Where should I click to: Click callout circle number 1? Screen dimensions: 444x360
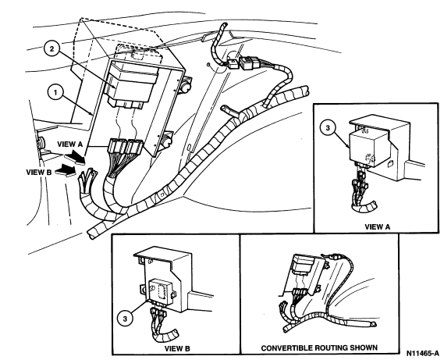click(x=55, y=93)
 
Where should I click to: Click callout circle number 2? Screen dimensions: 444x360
click(x=52, y=48)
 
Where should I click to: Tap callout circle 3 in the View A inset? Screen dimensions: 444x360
click(x=328, y=128)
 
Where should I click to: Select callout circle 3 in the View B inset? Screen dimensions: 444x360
click(x=125, y=319)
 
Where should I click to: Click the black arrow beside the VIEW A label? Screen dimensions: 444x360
click(x=76, y=157)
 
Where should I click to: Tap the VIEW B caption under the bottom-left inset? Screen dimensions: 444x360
click(x=177, y=348)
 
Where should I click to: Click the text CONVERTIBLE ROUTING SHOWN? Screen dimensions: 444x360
click(x=319, y=348)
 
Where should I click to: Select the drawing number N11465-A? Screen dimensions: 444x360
click(x=422, y=353)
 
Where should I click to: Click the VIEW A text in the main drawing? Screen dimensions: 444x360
click(x=70, y=144)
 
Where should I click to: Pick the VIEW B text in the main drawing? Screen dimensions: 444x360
click(x=39, y=172)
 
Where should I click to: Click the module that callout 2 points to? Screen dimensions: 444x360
click(x=131, y=84)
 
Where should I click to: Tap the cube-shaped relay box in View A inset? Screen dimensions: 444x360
click(x=368, y=147)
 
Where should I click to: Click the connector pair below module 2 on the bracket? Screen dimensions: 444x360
click(x=126, y=147)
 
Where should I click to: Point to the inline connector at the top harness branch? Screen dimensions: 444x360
click(x=243, y=62)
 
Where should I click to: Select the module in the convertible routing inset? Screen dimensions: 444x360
click(x=304, y=263)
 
